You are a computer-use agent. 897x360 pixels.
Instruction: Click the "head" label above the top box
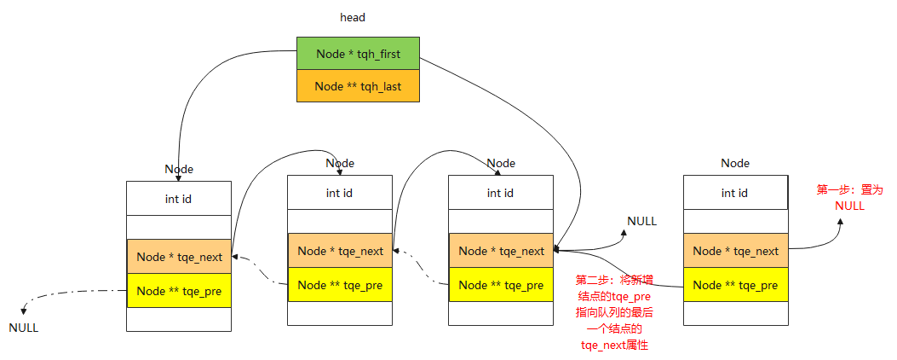(353, 17)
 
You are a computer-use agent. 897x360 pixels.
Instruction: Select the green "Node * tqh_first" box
(358, 54)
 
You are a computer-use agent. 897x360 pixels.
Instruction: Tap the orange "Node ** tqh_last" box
(358, 86)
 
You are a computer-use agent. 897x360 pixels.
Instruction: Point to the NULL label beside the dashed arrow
(24, 328)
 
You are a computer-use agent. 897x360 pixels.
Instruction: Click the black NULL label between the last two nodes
(641, 221)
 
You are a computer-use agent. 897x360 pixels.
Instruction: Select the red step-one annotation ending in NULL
(849, 198)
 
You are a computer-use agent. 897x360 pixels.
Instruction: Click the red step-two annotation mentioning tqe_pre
(614, 312)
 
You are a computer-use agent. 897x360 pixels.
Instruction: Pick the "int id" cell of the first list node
(178, 199)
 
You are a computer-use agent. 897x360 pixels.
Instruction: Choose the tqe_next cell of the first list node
(179, 257)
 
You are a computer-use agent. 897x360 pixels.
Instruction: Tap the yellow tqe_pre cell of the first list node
(179, 291)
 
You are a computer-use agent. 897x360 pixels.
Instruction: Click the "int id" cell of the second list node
(339, 193)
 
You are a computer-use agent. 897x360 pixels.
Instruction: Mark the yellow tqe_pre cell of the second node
(340, 285)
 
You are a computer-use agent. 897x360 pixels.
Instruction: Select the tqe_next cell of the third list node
(501, 251)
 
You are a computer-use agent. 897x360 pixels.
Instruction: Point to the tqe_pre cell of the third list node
(501, 285)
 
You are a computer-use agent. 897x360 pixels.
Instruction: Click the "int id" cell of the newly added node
(734, 193)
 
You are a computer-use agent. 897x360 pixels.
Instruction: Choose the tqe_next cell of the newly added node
(735, 251)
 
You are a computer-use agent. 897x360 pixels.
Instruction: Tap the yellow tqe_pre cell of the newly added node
(735, 285)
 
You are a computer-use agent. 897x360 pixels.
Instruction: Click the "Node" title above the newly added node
(735, 163)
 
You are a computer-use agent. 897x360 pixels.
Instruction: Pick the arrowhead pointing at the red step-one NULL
(840, 222)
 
